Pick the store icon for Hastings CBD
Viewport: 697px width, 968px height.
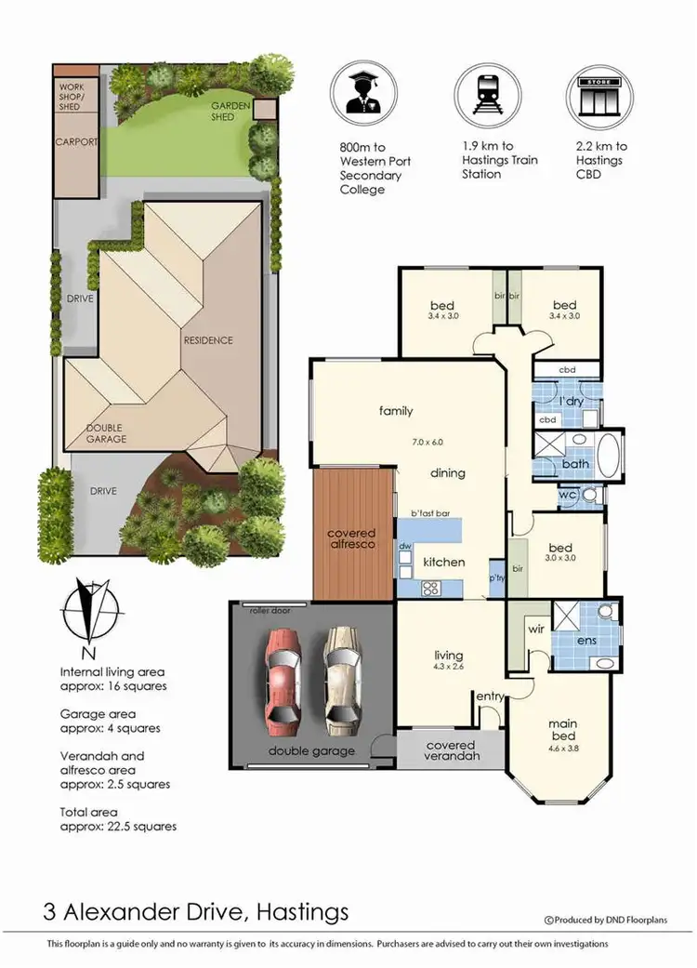(599, 97)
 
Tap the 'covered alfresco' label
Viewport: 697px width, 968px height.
(351, 538)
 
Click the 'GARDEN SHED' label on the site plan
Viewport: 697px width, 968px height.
(230, 111)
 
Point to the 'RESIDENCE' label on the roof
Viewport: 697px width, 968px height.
(207, 340)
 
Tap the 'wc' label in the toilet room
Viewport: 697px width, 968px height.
(567, 496)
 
